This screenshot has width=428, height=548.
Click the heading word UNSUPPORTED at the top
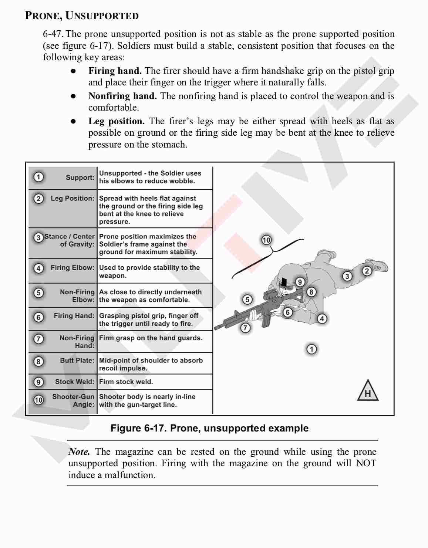click(x=102, y=16)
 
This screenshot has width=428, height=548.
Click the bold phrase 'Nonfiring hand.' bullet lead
click(x=122, y=96)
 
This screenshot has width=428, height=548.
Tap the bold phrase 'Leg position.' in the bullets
click(x=117, y=121)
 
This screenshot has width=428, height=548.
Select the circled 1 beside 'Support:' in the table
click(x=38, y=177)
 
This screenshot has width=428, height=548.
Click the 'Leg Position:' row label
click(x=73, y=199)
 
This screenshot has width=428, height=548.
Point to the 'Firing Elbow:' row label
click(x=73, y=268)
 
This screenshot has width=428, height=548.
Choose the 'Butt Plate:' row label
click(x=77, y=361)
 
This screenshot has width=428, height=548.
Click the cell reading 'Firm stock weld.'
click(x=126, y=382)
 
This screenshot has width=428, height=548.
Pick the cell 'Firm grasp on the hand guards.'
click(x=151, y=338)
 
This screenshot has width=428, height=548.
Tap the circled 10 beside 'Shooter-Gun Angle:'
click(x=38, y=400)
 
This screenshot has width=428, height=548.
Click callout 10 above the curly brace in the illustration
click(x=266, y=240)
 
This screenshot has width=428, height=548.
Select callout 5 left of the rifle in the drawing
click(x=247, y=300)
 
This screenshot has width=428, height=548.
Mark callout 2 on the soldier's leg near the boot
click(x=367, y=271)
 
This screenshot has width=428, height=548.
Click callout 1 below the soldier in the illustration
click(x=311, y=349)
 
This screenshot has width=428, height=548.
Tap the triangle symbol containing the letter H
click(x=368, y=391)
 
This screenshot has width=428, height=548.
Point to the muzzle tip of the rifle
click(x=215, y=328)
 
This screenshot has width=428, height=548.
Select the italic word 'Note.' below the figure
click(x=79, y=451)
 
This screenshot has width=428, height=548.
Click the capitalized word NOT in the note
click(x=366, y=463)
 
